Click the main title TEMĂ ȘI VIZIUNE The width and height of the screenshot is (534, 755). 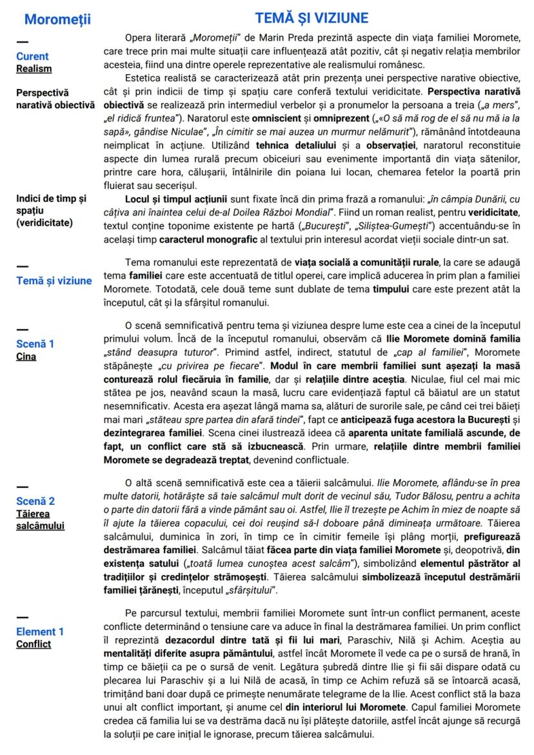pos(311,17)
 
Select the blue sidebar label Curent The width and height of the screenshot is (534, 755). pos(32,57)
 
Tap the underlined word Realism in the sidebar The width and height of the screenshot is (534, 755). pos(34,69)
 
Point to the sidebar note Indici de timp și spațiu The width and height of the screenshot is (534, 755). pos(54,211)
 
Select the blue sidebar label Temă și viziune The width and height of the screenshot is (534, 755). pos(54,280)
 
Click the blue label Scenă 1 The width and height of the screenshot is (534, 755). pos(35,344)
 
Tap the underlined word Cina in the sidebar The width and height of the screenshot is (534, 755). pos(26,357)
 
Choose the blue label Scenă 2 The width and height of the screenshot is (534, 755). pos(35,501)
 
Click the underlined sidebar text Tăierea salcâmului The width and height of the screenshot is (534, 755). pos(40,520)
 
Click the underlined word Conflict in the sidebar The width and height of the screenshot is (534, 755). pos(34,644)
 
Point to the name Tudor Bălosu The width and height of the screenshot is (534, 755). pos(341,496)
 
